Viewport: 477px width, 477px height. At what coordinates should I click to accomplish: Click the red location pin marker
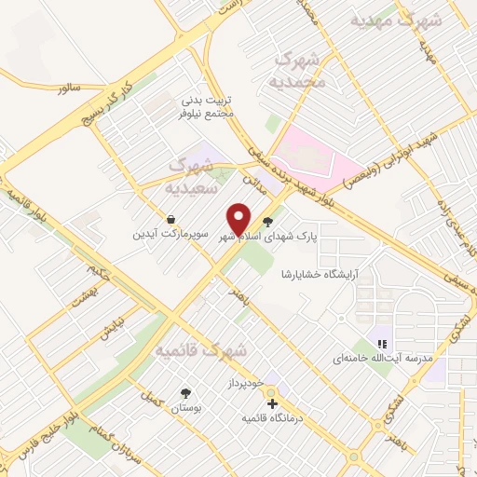(x=238, y=219)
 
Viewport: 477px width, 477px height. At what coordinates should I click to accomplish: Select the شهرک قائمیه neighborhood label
(x=200, y=351)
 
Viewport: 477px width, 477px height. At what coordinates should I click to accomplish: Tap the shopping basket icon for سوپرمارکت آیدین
(x=171, y=219)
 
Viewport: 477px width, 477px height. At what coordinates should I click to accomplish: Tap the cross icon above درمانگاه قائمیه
(x=272, y=403)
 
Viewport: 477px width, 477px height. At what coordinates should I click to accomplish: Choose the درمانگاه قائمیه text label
(x=270, y=417)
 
